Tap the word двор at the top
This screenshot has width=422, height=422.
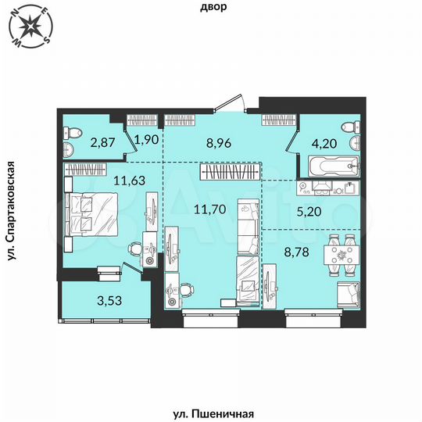coord(213,7)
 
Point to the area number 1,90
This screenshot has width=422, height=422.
coord(146,140)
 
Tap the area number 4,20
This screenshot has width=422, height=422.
coord(321,143)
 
